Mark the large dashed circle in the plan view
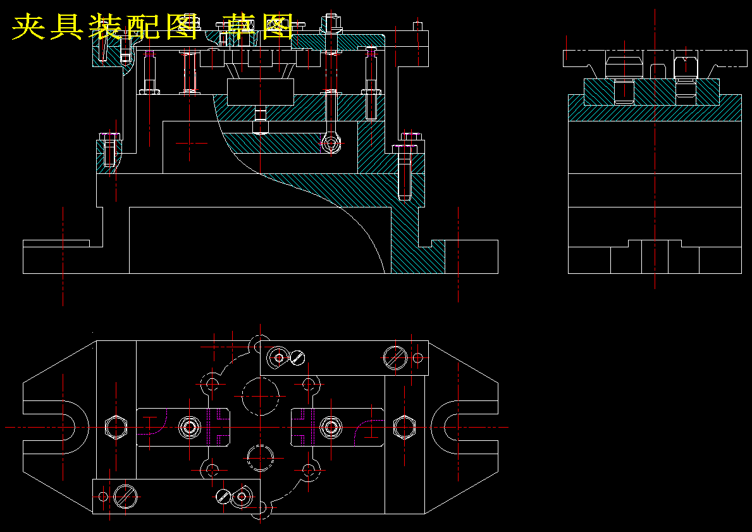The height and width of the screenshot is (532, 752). pyautogui.click(x=261, y=396)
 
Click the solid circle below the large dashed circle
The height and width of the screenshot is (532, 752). pyautogui.click(x=261, y=458)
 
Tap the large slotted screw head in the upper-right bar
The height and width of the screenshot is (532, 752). pyautogui.click(x=395, y=357)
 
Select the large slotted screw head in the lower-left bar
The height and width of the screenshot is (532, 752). pyautogui.click(x=125, y=497)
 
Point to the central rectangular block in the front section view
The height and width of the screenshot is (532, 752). pyautogui.click(x=261, y=92)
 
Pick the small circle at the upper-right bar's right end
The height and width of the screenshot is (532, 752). pyautogui.click(x=417, y=357)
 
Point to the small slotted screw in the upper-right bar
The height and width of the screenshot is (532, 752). pyautogui.click(x=298, y=357)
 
